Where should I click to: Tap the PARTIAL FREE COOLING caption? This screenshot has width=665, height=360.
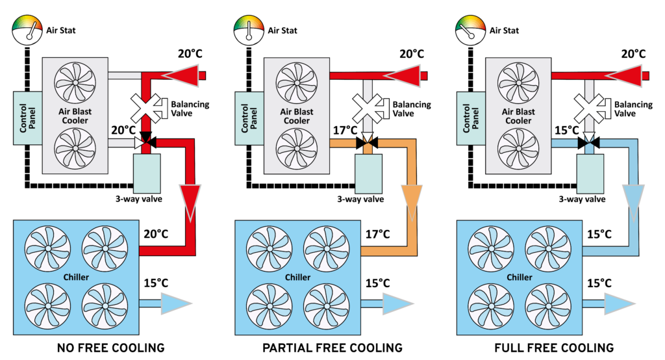point(332,347)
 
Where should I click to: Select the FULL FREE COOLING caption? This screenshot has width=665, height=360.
point(554,347)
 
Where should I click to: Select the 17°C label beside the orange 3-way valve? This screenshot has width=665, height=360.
point(344,131)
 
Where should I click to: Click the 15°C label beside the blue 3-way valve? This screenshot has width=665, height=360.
point(565,131)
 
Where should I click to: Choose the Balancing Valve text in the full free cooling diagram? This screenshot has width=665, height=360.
point(633,109)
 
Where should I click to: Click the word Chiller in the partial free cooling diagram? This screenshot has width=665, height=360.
point(297,277)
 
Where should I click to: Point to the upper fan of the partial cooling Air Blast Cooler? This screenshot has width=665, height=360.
point(296,83)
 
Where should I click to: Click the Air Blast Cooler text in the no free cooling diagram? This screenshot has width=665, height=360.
point(75,116)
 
